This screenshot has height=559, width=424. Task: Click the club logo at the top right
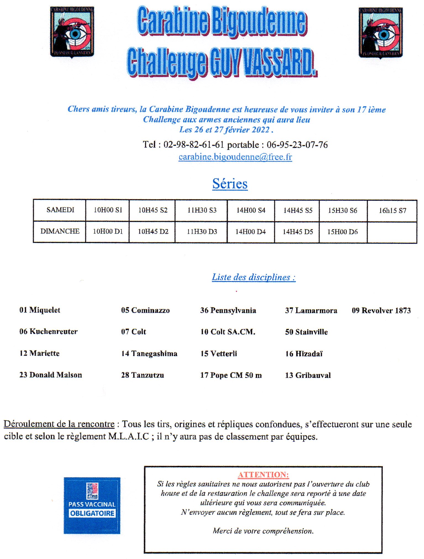[380, 33]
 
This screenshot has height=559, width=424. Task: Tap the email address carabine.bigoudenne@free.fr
[235, 157]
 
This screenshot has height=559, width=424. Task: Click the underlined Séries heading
[230, 184]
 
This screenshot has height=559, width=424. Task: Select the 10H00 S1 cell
[108, 210]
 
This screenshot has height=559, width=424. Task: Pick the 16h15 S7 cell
[392, 211]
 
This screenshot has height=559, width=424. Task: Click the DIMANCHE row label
[60, 231]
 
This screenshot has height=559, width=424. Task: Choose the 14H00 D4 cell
[250, 232]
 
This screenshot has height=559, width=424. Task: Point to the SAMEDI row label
[60, 210]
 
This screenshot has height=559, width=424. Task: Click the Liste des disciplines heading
[254, 277]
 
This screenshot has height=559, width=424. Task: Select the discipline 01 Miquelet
[40, 310]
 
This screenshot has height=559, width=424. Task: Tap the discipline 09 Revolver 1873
[381, 310]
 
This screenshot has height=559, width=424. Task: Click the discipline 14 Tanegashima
[149, 354]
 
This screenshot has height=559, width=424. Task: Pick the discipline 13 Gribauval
[308, 375]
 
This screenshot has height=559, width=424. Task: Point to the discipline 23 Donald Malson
[51, 375]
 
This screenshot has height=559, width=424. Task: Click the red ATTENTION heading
[263, 475]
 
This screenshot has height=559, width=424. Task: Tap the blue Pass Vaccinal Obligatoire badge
[92, 505]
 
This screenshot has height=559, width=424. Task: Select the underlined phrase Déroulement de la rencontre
[59, 424]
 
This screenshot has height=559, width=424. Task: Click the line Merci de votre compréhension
[263, 531]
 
